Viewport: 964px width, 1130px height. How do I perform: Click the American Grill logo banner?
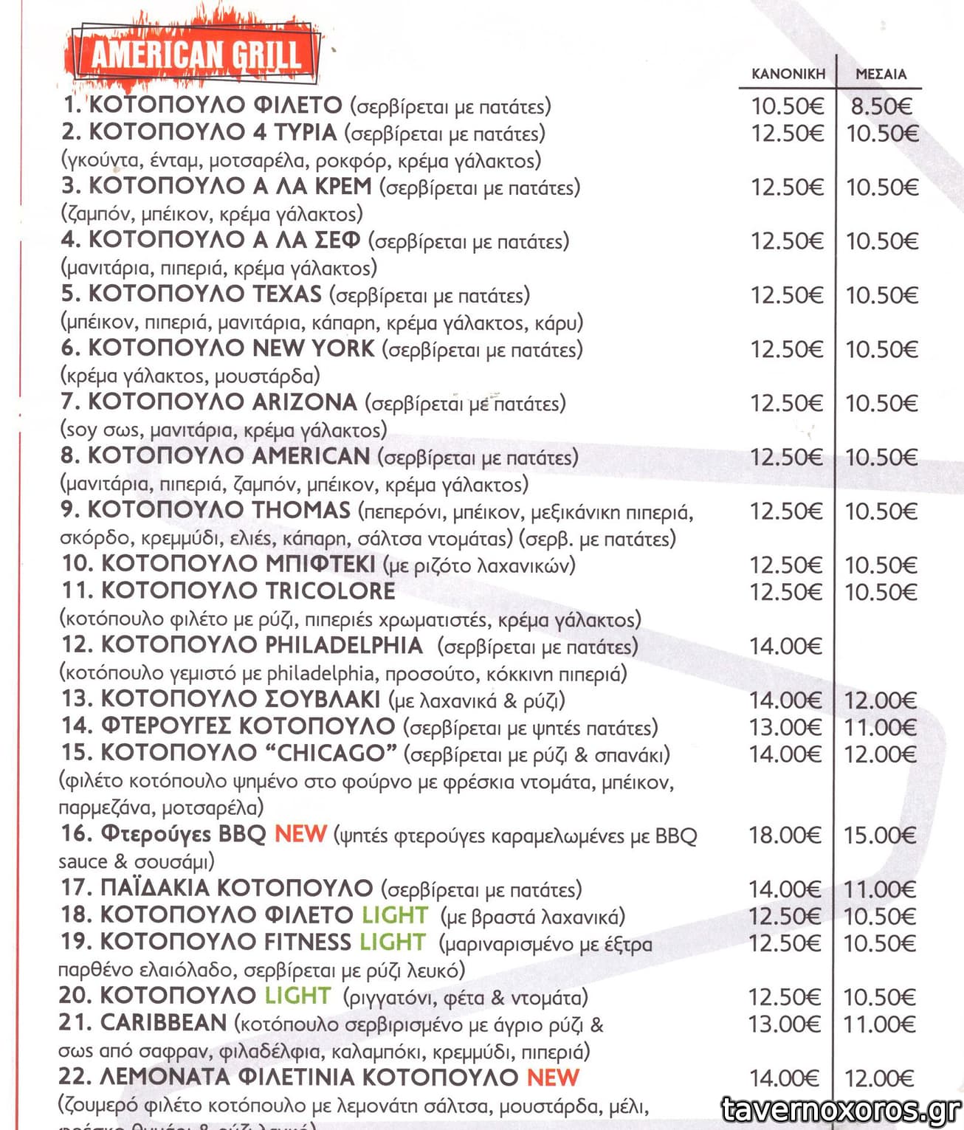coord(195,54)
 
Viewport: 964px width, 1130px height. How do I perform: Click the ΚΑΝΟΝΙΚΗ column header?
coord(788,74)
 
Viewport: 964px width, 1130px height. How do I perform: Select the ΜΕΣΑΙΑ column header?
coord(881,74)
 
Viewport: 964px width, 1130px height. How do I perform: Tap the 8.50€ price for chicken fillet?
coord(881,106)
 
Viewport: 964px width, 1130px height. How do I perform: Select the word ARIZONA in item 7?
coord(304,402)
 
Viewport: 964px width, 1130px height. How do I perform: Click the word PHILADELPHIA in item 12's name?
coord(344,645)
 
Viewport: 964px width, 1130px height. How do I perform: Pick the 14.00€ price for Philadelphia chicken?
coord(785,647)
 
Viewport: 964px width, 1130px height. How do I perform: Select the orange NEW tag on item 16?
coord(300,834)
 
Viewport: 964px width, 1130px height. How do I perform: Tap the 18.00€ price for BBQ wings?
coord(785,836)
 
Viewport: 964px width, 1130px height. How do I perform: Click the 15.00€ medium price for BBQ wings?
coord(880,836)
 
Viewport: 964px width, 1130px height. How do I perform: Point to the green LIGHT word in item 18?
coord(394,915)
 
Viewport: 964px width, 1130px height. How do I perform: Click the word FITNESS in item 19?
coord(308,943)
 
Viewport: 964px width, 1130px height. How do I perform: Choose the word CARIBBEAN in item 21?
coord(163,1023)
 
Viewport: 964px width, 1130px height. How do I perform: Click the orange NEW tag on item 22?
coord(553,1077)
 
